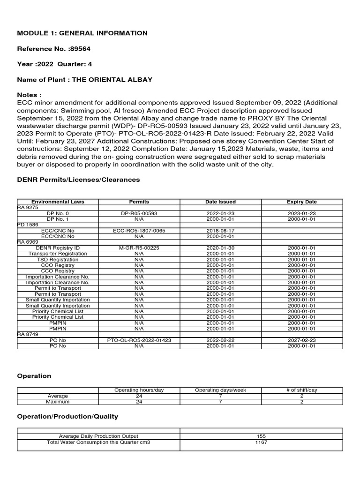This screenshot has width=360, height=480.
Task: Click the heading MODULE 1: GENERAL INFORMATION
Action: click(82, 33)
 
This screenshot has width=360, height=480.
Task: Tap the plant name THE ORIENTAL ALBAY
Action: click(112, 80)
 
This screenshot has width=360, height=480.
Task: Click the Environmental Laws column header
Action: click(58, 202)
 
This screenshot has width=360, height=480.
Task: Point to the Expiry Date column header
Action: click(301, 202)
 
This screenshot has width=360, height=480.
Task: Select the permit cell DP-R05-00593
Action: click(139, 213)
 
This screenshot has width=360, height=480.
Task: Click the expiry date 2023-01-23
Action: click(301, 213)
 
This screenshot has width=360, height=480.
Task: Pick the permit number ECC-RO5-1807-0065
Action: click(139, 231)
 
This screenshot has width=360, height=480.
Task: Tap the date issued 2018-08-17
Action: click(220, 231)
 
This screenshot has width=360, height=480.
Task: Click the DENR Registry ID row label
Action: click(58, 248)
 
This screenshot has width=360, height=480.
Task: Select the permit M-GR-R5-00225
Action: click(139, 248)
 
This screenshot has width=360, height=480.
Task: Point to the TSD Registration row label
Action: click(58, 259)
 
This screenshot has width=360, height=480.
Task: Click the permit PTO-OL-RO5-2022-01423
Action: click(139, 340)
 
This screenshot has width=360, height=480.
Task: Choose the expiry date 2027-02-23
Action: click(301, 340)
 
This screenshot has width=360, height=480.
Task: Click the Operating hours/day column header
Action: click(139, 390)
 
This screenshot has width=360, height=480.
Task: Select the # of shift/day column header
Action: click(301, 390)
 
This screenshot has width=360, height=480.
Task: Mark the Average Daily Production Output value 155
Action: click(261, 436)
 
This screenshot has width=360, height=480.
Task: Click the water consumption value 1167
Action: click(261, 442)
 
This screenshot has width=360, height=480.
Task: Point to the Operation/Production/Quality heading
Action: click(67, 416)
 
